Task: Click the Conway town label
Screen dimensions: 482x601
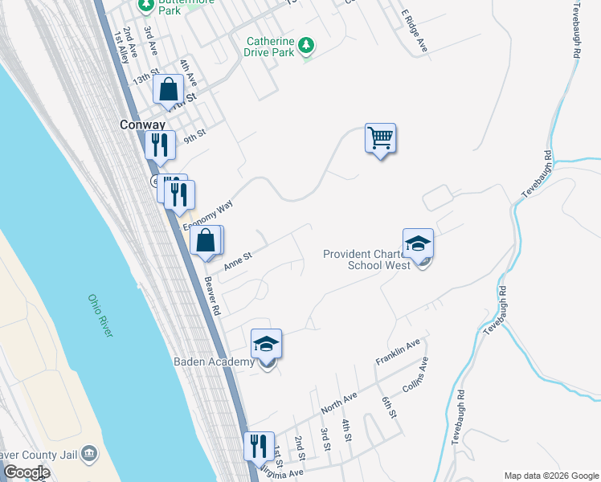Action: (141, 125)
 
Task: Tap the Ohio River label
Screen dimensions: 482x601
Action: (100, 316)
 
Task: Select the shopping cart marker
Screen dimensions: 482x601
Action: (380, 138)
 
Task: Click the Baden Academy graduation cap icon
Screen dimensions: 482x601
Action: (267, 345)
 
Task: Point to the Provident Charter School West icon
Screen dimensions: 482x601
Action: (418, 244)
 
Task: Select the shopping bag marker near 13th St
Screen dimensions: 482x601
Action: (169, 90)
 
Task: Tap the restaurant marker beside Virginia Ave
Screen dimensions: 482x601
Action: (258, 447)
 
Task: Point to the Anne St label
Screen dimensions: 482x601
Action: (238, 260)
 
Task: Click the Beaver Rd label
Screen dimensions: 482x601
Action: (212, 296)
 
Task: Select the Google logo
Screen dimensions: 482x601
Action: (26, 472)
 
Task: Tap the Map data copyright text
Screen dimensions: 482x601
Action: (551, 475)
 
